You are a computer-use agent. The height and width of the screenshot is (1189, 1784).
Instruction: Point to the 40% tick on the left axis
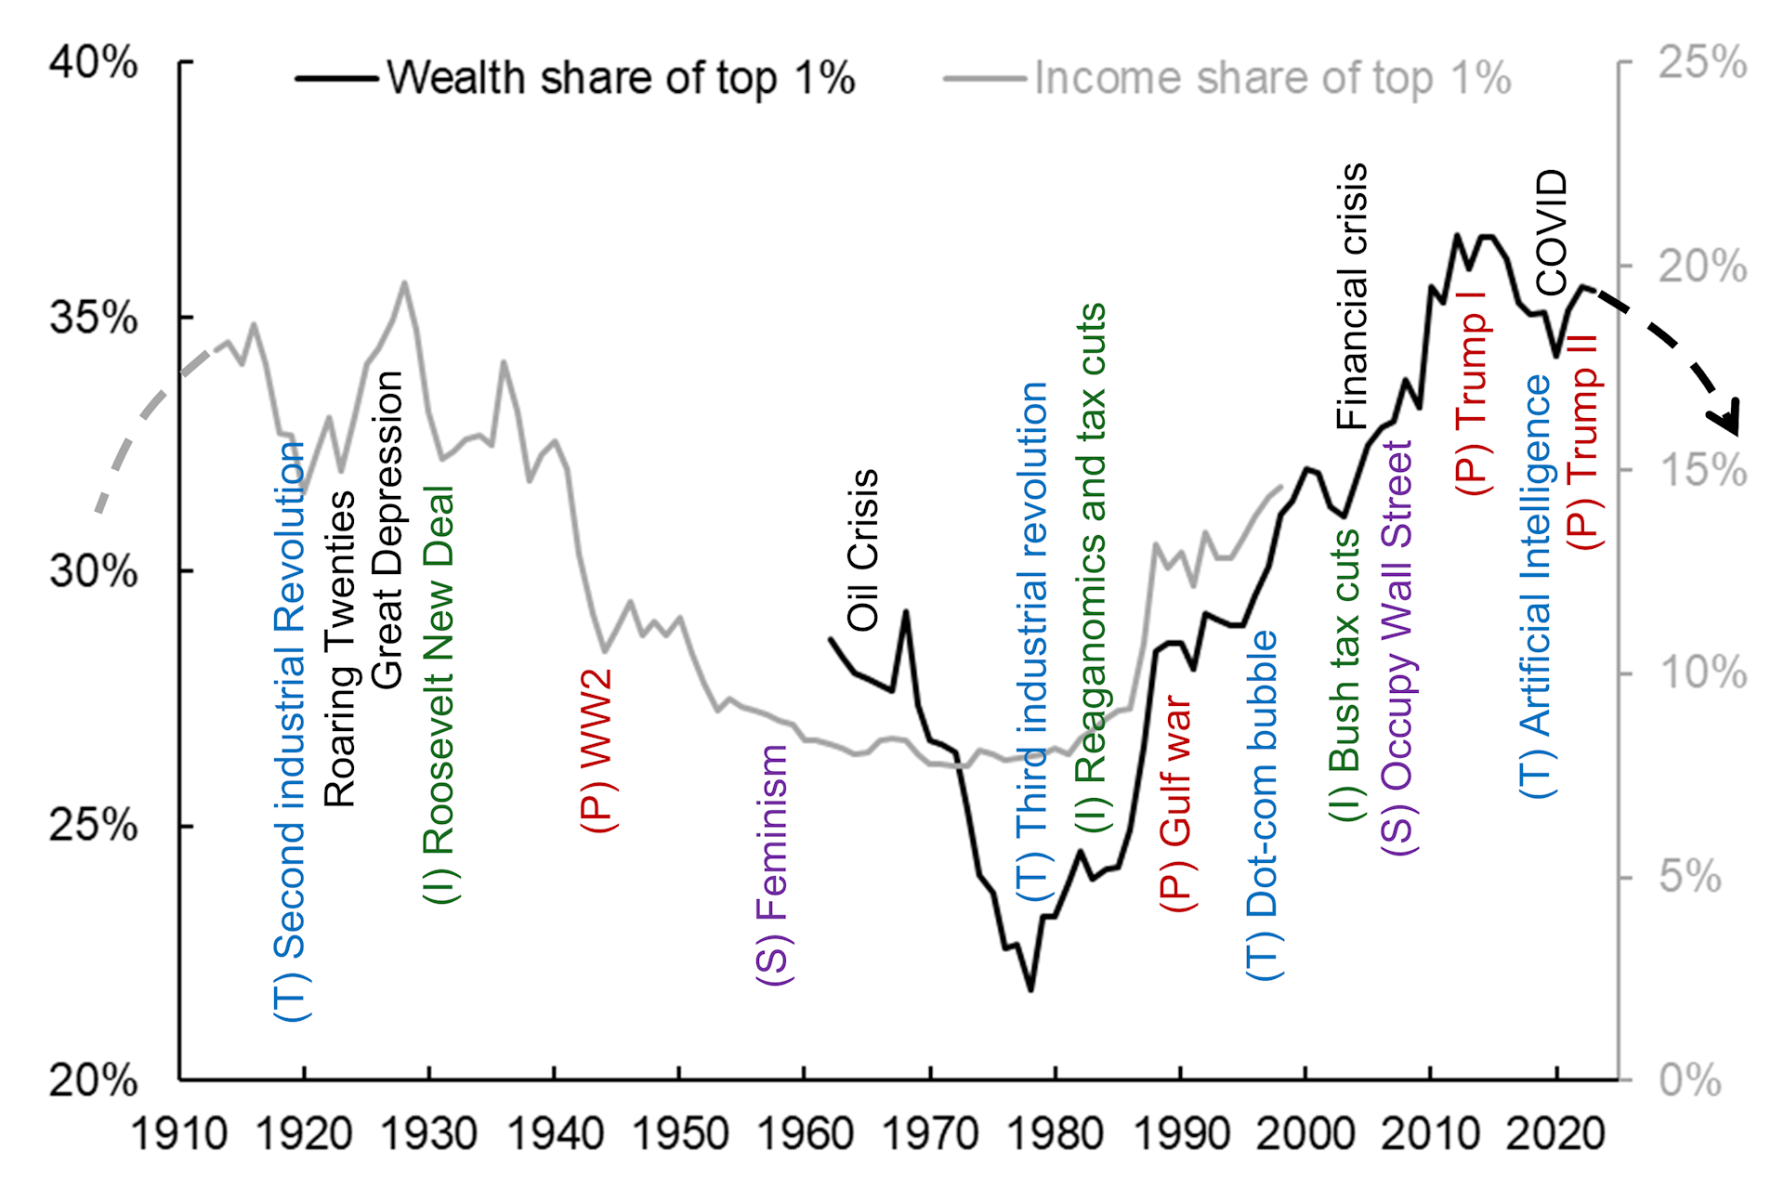coord(94,62)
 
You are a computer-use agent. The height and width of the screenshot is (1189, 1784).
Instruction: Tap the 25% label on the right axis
coord(1702,62)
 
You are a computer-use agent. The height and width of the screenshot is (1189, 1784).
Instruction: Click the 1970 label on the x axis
coord(930,1134)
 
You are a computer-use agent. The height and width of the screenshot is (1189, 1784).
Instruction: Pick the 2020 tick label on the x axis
coord(1555,1134)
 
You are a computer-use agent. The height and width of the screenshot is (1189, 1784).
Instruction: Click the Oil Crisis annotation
coord(863,550)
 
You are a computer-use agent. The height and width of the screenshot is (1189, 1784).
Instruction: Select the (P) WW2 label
coord(597,750)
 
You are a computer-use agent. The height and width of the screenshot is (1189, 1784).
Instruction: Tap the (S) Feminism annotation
coord(772,865)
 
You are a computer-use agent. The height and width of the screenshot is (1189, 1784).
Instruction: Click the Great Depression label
coord(387,529)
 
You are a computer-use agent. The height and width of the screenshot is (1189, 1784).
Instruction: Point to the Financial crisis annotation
coord(1352,296)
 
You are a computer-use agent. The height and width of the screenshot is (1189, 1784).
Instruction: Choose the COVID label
coord(1551,232)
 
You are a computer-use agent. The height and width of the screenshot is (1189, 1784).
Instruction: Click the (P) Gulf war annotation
coord(1176,804)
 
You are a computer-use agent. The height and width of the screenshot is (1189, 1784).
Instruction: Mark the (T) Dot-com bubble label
coord(1263,804)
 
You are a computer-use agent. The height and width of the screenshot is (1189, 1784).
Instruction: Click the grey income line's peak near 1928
coord(404,282)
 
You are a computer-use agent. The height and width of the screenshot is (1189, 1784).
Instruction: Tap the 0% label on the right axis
coord(1689,1080)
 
